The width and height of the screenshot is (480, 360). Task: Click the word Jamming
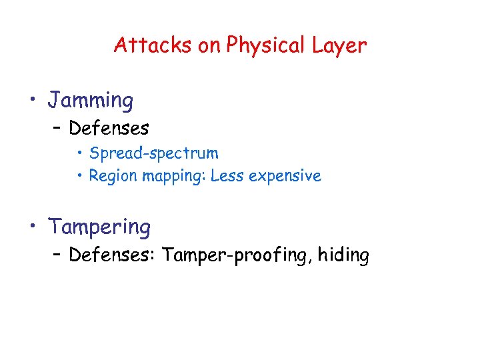(91, 101)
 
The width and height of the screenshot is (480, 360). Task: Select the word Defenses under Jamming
(109, 127)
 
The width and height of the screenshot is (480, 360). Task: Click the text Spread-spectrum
(154, 153)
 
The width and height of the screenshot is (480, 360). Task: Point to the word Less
(227, 176)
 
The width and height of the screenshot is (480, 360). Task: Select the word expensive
(285, 177)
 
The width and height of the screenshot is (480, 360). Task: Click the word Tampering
(99, 227)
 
